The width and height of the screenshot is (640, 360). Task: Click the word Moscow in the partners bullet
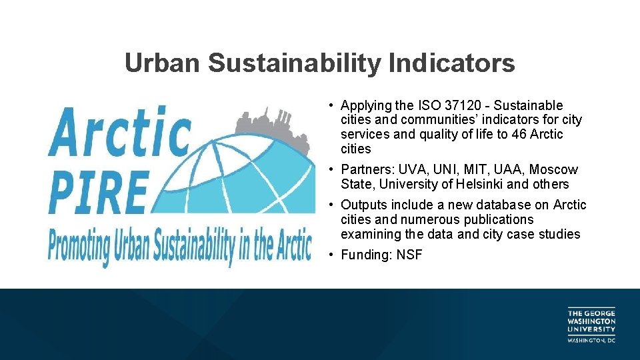coord(553,170)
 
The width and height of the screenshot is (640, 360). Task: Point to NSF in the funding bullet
coord(409,255)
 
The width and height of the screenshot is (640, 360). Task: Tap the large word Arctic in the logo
coord(120,131)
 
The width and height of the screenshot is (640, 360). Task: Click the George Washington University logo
coord(591,325)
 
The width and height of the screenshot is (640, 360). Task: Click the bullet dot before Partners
coord(331,170)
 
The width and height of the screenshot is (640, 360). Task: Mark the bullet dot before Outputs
coord(331,205)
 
